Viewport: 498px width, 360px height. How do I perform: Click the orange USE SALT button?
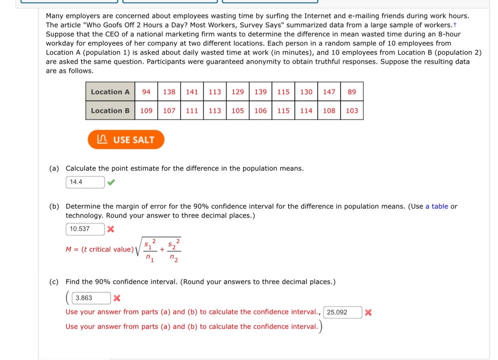[x=126, y=140]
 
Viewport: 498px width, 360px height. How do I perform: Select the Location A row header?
[x=110, y=92]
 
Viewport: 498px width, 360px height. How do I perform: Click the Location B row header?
[x=110, y=111]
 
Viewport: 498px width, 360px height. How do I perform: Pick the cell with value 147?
[x=329, y=92]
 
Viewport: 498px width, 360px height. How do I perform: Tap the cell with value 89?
[x=352, y=92]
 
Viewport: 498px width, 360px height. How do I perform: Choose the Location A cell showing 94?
[x=146, y=92]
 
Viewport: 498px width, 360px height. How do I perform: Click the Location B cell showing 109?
[x=146, y=111]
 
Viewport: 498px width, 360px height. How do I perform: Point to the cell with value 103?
[x=352, y=111]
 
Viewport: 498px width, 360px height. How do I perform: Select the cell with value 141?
[x=192, y=92]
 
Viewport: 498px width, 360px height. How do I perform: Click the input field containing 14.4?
[x=85, y=182]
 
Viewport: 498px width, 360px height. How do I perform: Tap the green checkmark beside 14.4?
[x=111, y=182]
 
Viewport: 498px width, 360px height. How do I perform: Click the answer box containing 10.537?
[x=85, y=229]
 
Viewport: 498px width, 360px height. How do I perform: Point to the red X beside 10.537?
[x=111, y=229]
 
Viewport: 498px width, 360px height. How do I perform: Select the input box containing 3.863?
[x=92, y=298]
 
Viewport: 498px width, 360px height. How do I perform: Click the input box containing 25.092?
[x=342, y=312]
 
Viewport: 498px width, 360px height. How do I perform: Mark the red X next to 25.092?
[x=368, y=312]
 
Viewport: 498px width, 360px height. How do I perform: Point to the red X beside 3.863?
[x=117, y=298]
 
